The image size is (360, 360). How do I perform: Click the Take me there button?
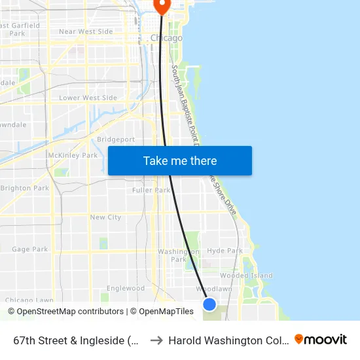pos(180,161)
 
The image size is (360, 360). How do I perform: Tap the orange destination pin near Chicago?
pos(162,6)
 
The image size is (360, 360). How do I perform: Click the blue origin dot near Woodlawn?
pos(209,304)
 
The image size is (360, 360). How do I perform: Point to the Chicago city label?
pos(166,38)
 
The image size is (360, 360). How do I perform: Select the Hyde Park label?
pos(225,251)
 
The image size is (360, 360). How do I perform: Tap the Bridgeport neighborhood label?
pos(116,139)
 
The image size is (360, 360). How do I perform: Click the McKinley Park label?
pos(73,155)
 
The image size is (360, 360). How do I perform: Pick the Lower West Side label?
pos(88,98)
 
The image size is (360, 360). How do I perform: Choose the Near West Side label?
pos(86,31)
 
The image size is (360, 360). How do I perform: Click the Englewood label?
pos(126,288)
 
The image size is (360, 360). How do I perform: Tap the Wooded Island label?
pos(246,276)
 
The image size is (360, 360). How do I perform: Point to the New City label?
pos(105,217)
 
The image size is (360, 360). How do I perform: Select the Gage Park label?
pos(29,249)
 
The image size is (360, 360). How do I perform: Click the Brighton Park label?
pos(24,188)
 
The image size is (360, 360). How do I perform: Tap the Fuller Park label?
pos(151,190)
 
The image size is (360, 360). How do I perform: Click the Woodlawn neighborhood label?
pos(214,289)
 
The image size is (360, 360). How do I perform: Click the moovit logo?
pos(321,339)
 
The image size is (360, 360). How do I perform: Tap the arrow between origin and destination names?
pos(156,340)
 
